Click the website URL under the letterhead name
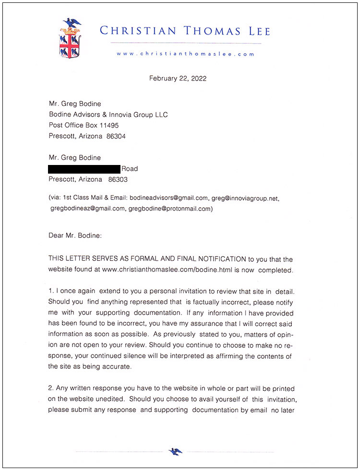[185, 54]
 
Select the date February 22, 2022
[178, 78]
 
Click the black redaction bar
[84, 169]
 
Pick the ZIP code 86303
[118, 179]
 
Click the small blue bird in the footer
[176, 451]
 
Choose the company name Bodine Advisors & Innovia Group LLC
[108, 115]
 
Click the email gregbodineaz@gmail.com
[87, 209]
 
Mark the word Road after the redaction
[130, 169]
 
